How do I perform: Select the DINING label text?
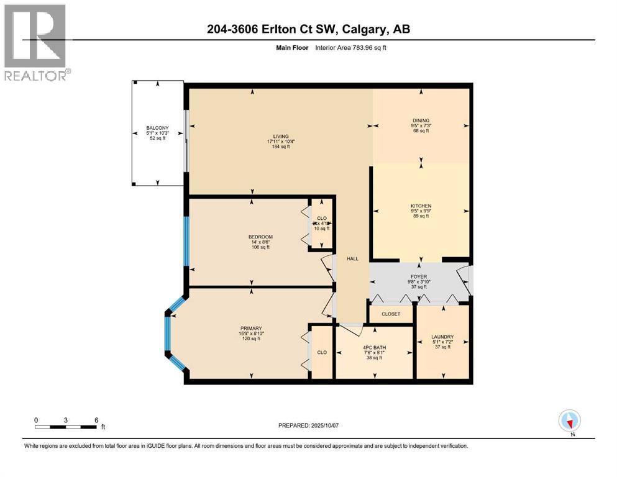tap(421, 120)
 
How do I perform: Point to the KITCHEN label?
tap(421, 206)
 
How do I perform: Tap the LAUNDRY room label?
tap(442, 337)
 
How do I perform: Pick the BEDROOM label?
tap(260, 237)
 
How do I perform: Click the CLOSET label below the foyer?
tap(391, 314)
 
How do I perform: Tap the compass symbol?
tap(569, 420)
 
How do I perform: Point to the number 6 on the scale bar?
tap(95, 420)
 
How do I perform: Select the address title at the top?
tap(308, 29)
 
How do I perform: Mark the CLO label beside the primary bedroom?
tap(322, 352)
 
